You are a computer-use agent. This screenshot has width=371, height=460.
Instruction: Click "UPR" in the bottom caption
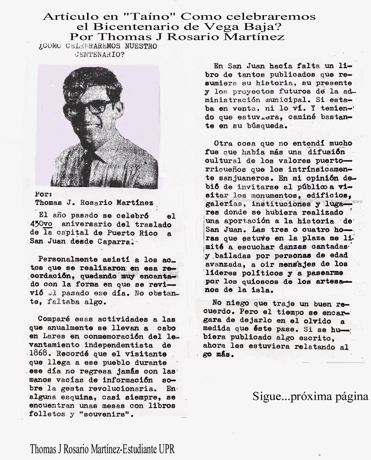166,449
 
